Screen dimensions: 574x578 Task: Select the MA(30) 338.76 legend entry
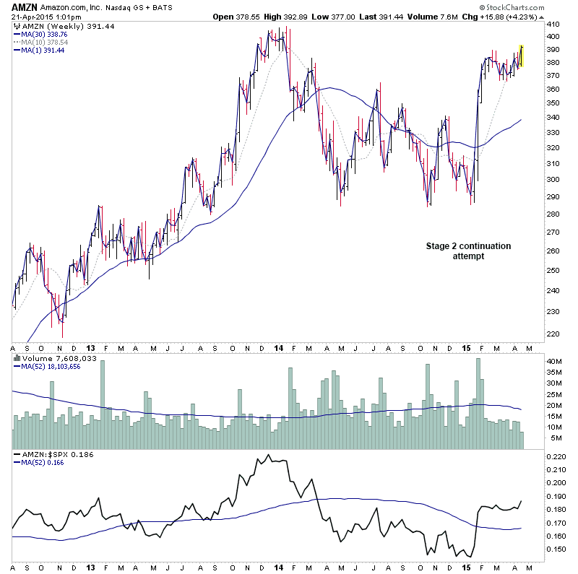pyautogui.click(x=44, y=33)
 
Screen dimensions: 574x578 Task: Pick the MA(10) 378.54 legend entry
pyautogui.click(x=44, y=42)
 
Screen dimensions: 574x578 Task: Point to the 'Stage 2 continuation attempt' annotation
pyautogui.click(x=467, y=251)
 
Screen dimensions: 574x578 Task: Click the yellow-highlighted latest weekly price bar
pyautogui.click(x=521, y=56)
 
